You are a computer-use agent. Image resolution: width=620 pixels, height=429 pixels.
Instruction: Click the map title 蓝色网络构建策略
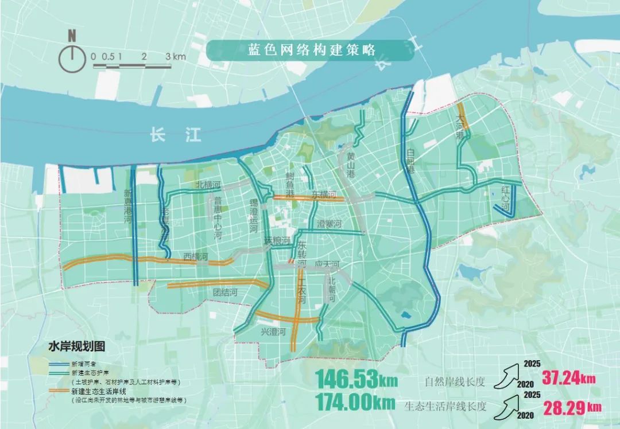pyautogui.click(x=311, y=50)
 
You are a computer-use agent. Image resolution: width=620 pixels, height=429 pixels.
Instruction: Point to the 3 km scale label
pyautogui.click(x=175, y=57)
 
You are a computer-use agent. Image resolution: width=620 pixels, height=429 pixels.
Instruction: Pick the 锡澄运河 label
pyautogui.click(x=253, y=212)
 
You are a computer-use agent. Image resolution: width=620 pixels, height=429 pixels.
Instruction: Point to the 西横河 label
pyautogui.click(x=195, y=256)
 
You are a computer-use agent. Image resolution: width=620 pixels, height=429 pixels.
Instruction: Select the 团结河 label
pyautogui.click(x=225, y=292)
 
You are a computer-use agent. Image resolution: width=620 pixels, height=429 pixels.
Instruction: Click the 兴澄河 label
pyautogui.click(x=273, y=332)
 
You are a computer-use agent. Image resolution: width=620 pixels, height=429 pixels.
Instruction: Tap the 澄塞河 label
pyautogui.click(x=330, y=223)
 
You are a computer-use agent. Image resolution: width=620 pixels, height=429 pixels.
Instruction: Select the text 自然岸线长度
pyautogui.click(x=454, y=381)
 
